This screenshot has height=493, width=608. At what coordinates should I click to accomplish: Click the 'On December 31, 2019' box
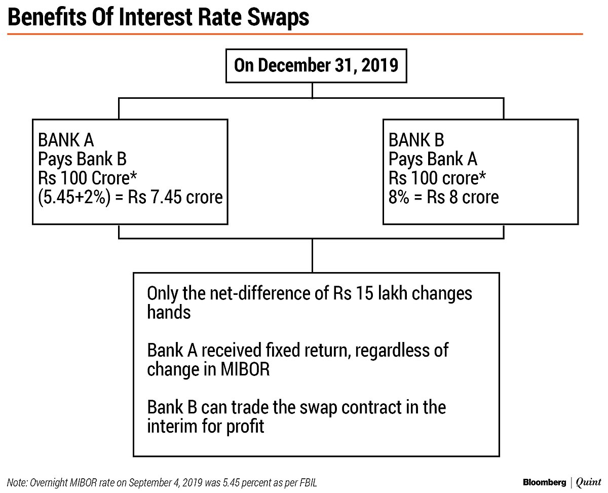316,66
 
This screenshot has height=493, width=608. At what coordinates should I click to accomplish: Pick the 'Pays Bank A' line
433,159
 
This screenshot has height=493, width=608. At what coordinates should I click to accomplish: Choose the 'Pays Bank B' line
82,159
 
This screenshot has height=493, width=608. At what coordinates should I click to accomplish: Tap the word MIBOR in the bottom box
245,369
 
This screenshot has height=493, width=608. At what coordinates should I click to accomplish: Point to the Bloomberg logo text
544,482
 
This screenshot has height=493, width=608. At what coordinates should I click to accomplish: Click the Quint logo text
588,482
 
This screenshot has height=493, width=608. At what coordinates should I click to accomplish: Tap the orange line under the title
294,34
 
